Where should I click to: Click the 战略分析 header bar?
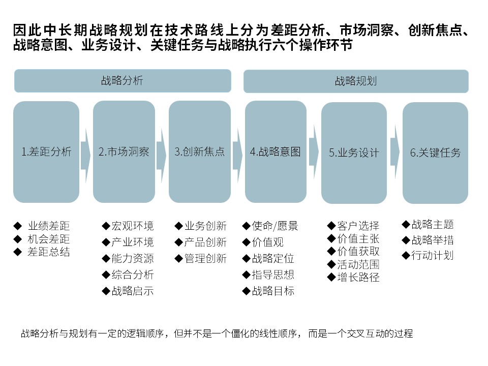[x=123, y=81]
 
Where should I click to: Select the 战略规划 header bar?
[x=356, y=81]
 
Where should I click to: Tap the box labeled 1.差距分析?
[x=46, y=152]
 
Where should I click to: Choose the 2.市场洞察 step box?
[x=124, y=152]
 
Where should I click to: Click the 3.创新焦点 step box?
[x=200, y=152]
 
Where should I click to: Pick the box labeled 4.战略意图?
[x=276, y=152]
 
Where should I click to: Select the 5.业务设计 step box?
[x=354, y=153]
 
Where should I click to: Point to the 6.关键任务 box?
[x=436, y=153]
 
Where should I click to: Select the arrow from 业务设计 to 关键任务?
[x=395, y=152]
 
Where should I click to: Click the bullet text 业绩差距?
[x=49, y=226]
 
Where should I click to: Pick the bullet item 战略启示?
[x=133, y=291]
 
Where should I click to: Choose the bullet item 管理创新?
[x=205, y=258]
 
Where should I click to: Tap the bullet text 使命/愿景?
[x=275, y=226]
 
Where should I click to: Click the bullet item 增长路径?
[x=358, y=277]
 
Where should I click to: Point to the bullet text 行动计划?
[x=433, y=255]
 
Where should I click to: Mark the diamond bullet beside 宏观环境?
[x=106, y=226]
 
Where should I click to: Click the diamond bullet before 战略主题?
[x=406, y=224]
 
